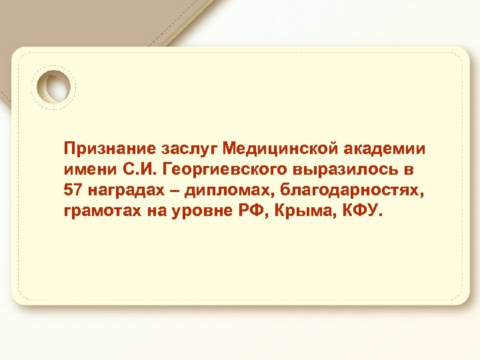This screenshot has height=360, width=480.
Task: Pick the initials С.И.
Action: pyautogui.click(x=135, y=168)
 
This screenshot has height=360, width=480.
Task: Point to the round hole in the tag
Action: pyautogui.click(x=55, y=87)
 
